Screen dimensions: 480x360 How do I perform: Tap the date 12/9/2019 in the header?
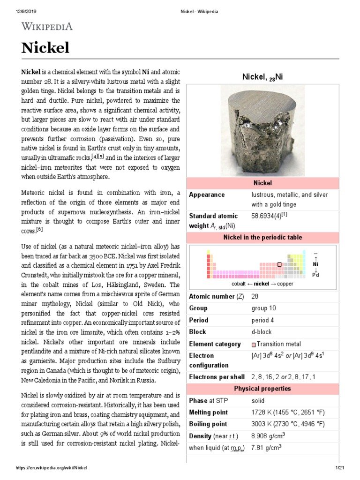(x=19, y=11)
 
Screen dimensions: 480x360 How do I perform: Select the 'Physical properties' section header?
(x=262, y=389)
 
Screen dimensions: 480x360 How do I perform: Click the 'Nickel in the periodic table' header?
(x=262, y=238)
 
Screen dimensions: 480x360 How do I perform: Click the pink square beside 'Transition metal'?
(x=254, y=345)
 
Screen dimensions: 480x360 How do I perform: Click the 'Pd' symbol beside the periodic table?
(x=315, y=275)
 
